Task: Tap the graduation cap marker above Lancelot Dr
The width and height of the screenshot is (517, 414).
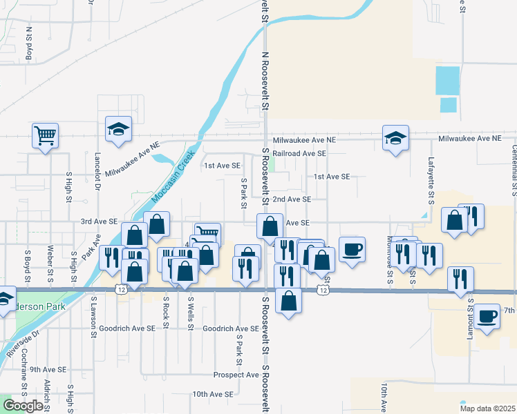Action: (x=118, y=128)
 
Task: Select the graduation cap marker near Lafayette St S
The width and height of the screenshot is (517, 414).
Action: (x=396, y=137)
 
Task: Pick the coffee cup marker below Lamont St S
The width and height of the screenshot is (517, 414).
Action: (x=487, y=316)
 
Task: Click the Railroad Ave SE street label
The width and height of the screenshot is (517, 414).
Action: (x=299, y=153)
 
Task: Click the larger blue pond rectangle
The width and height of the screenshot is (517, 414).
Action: (x=447, y=81)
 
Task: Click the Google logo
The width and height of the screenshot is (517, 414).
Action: (x=23, y=406)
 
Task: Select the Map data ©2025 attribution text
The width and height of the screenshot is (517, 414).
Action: (x=487, y=407)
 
